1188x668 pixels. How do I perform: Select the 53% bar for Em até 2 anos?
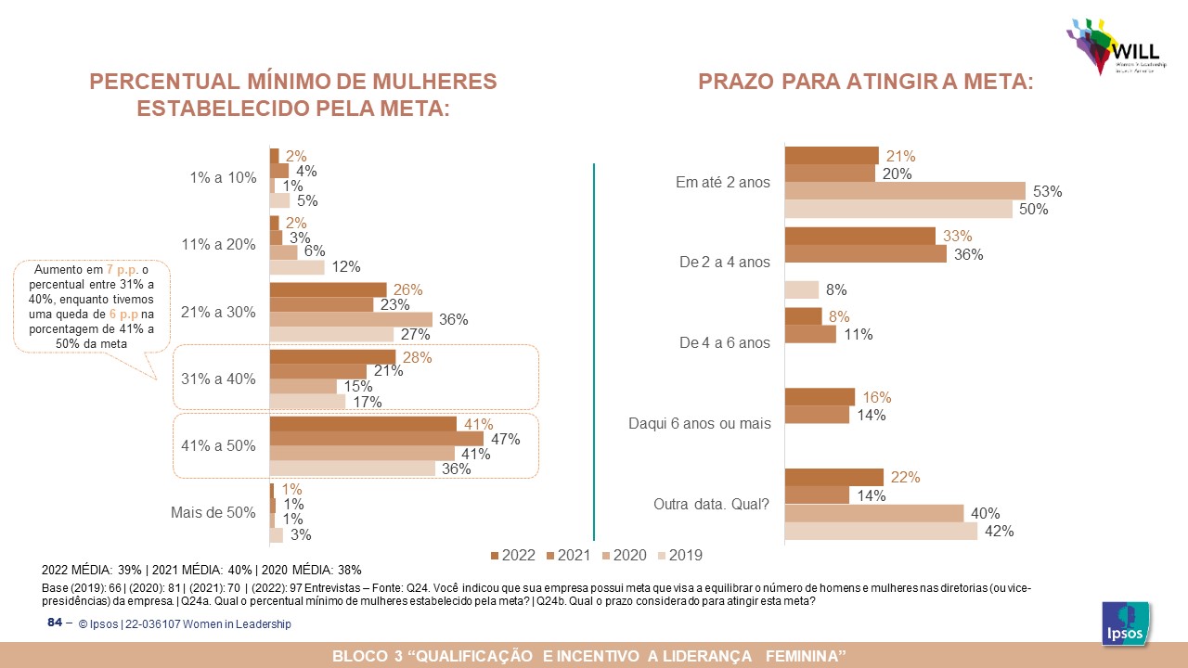[x=905, y=191]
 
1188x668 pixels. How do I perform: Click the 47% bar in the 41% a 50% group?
[x=376, y=438]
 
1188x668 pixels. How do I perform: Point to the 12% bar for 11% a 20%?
[x=297, y=267]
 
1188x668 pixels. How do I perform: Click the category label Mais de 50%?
[x=213, y=512]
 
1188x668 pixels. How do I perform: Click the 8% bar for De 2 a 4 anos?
[x=802, y=289]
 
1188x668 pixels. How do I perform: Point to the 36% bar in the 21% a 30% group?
[x=351, y=319]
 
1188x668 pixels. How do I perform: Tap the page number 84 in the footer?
[x=54, y=623]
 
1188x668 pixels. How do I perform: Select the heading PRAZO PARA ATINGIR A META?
[x=865, y=82]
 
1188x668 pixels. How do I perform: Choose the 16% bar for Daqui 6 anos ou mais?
[x=820, y=397]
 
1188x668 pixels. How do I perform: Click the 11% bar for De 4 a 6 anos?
[x=810, y=334]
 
